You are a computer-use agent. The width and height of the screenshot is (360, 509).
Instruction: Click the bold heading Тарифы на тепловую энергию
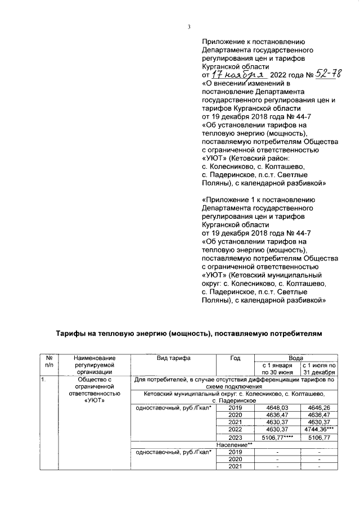188,334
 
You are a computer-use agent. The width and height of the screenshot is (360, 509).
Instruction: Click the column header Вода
296,357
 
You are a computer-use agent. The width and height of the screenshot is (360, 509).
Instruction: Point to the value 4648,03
275,407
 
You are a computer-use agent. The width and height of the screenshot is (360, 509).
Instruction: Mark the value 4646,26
319,407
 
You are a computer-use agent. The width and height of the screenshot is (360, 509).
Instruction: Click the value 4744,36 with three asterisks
320,429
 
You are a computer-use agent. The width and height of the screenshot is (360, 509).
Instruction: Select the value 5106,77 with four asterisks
275,436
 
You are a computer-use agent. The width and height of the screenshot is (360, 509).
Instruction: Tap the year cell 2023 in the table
235,436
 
